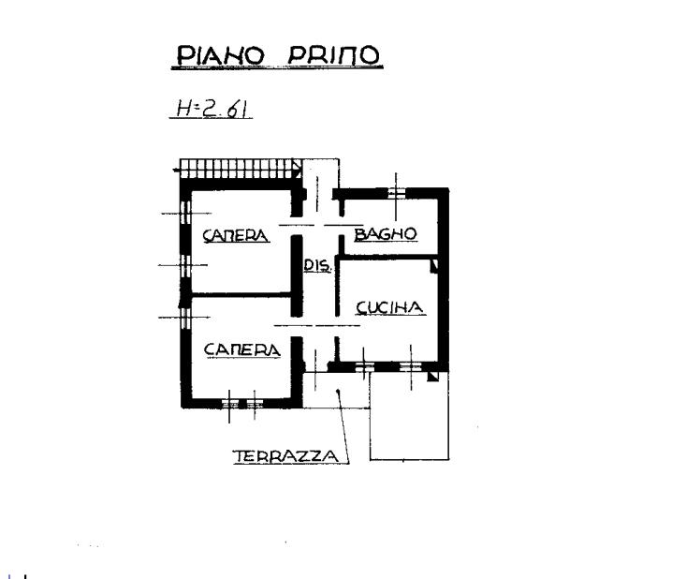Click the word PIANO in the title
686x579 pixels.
[221, 55]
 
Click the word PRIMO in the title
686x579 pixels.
[333, 54]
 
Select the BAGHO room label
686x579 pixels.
[386, 234]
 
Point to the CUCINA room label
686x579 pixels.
[390, 307]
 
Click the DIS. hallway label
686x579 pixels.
[317, 265]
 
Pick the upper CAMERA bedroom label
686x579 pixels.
[236, 235]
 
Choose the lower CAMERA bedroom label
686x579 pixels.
[242, 349]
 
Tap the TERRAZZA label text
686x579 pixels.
[286, 456]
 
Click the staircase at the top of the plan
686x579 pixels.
[241, 169]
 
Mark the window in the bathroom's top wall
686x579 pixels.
[397, 193]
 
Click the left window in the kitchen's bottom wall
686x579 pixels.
[364, 367]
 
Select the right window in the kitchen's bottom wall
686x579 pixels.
[411, 367]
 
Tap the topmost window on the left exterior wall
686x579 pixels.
[185, 214]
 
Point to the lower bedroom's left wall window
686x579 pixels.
[185, 318]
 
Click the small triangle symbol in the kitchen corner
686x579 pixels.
[434, 266]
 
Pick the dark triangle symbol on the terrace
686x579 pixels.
[432, 377]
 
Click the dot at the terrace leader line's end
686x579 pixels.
[337, 392]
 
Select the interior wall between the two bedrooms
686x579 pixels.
[241, 295]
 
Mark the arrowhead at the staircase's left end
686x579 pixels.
[176, 170]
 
